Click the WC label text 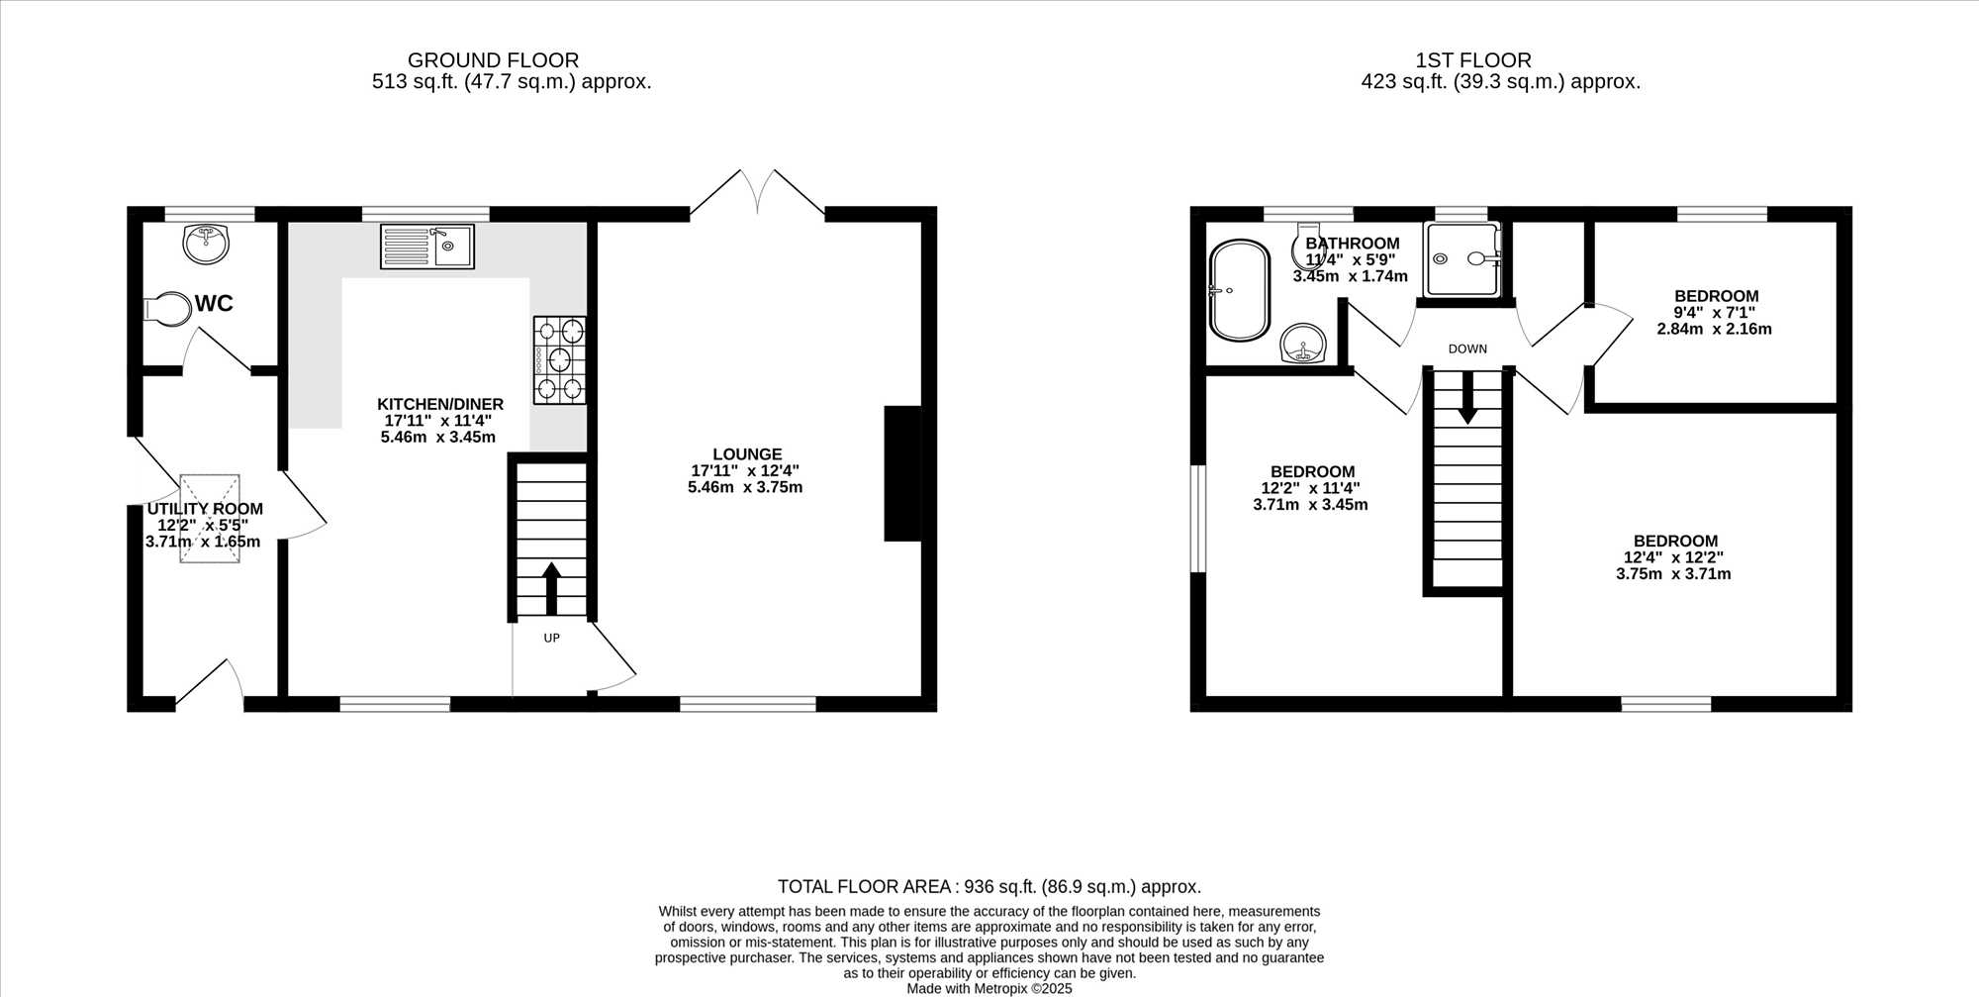pyautogui.click(x=214, y=303)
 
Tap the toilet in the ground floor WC pyautogui.click(x=167, y=309)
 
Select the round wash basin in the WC pyautogui.click(x=206, y=243)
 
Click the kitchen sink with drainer pyautogui.click(x=427, y=247)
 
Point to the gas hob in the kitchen pyautogui.click(x=560, y=359)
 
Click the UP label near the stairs pyautogui.click(x=552, y=639)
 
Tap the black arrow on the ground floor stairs pyautogui.click(x=551, y=589)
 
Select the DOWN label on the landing pyautogui.click(x=1467, y=349)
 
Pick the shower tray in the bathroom pyautogui.click(x=1462, y=259)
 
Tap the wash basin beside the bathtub pyautogui.click(x=1305, y=345)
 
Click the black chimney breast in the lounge pyautogui.click(x=902, y=473)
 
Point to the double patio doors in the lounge pyautogui.click(x=757, y=192)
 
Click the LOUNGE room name pyautogui.click(x=747, y=454)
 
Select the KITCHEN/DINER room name pyautogui.click(x=440, y=404)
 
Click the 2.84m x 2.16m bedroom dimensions pyautogui.click(x=1715, y=329)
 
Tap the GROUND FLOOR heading pyautogui.click(x=493, y=60)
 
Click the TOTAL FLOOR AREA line pyautogui.click(x=989, y=887)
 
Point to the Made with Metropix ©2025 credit pyautogui.click(x=989, y=988)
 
